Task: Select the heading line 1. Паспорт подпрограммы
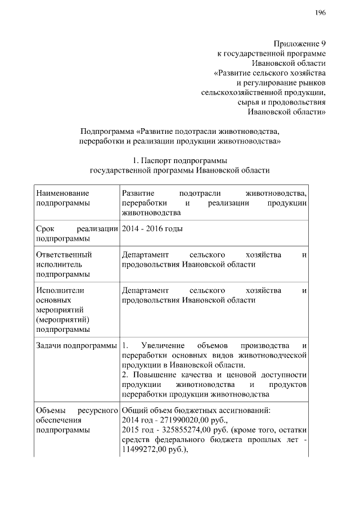coord(180,160)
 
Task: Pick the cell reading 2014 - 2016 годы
coord(152,228)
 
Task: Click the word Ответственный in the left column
coord(64,255)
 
